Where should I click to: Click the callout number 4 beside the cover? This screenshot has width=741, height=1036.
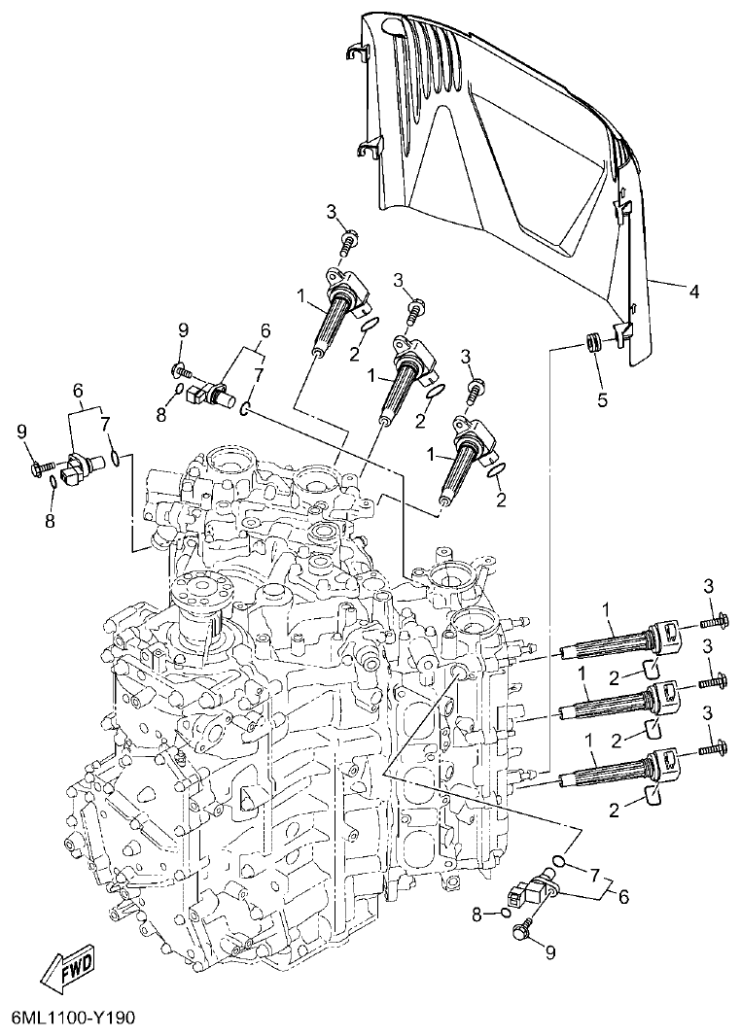pyautogui.click(x=694, y=291)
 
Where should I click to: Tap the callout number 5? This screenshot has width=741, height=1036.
pyautogui.click(x=602, y=398)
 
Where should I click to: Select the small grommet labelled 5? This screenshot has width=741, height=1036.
pyautogui.click(x=591, y=343)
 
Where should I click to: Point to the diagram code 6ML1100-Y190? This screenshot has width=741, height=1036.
pyautogui.click(x=73, y=1018)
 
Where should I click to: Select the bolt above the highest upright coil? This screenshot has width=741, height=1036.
pyautogui.click(x=347, y=236)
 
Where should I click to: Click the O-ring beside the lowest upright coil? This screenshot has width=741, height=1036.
pyautogui.click(x=497, y=470)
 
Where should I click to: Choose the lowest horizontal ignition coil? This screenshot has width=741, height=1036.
pyautogui.click(x=622, y=767)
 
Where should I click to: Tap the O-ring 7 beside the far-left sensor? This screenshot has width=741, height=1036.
pyautogui.click(x=117, y=454)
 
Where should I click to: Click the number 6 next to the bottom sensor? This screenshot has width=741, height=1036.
pyautogui.click(x=622, y=897)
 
